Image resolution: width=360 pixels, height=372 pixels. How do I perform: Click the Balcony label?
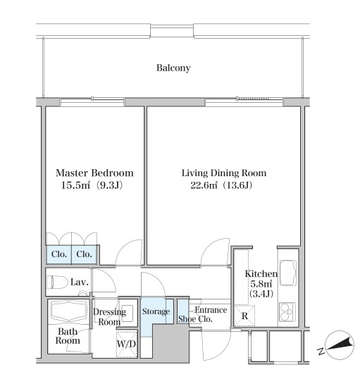[173, 68]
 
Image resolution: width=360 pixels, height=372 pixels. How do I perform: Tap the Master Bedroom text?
[94, 173]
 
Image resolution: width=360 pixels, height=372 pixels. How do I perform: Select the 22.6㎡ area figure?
[204, 185]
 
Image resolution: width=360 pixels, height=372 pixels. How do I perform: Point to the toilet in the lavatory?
[57, 282]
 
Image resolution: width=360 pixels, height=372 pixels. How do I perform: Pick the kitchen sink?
[288, 273]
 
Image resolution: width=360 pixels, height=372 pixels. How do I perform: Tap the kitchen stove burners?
[287, 312]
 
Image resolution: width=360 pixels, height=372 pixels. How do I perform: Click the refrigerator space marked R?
[244, 316]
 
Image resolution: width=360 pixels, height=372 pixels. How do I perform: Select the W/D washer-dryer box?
[127, 344]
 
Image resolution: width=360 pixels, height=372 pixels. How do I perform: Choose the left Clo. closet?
[58, 254]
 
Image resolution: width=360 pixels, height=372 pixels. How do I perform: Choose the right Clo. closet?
[84, 254]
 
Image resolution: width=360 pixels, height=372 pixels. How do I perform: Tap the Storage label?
[156, 311]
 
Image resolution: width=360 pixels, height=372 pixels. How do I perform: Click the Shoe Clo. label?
[195, 319]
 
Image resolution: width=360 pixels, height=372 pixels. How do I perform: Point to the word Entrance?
[211, 310]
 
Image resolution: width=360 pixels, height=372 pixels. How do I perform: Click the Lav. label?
[80, 283]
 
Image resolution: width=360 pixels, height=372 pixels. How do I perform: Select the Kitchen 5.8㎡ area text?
[261, 283]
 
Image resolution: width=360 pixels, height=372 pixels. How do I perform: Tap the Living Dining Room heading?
[224, 173]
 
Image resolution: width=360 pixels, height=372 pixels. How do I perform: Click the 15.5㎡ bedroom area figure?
[75, 185]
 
